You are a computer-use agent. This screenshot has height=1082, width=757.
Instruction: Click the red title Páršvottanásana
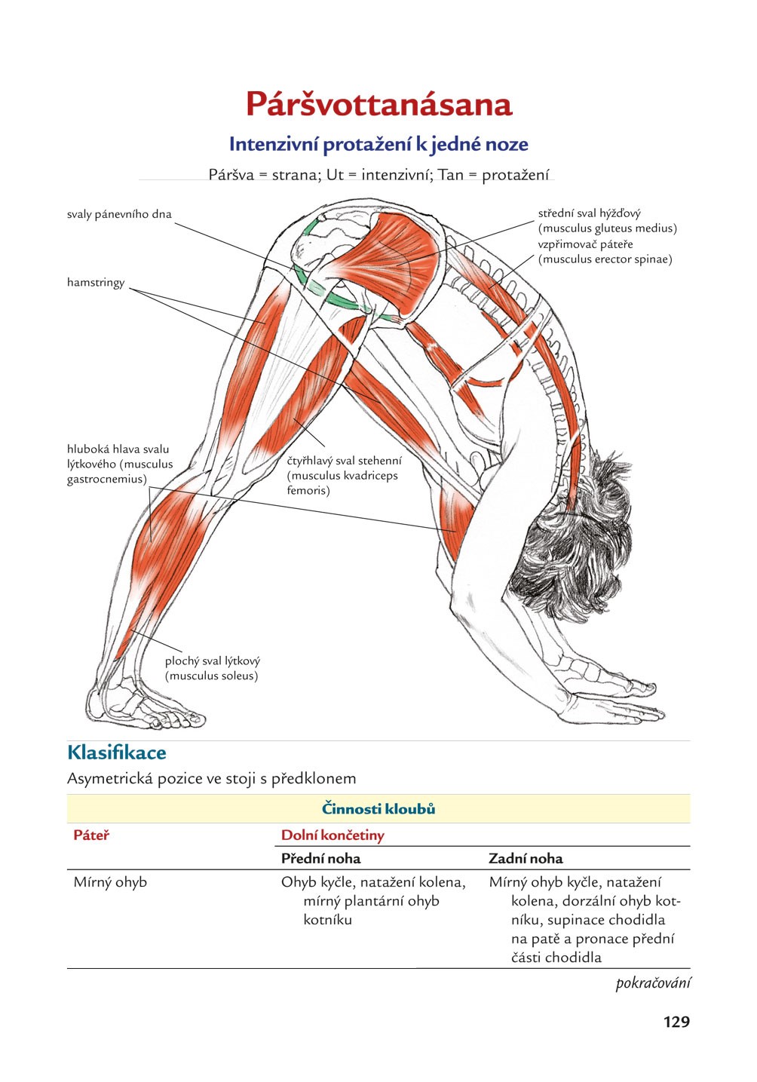(x=378, y=104)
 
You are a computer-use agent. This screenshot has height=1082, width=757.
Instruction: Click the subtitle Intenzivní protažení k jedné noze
(x=378, y=144)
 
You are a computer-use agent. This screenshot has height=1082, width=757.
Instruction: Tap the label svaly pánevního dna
(x=119, y=214)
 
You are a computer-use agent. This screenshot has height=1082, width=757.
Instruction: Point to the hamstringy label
(x=96, y=283)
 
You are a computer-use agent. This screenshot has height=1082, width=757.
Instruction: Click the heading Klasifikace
(x=117, y=752)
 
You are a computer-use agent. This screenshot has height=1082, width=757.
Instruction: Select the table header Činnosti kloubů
(x=378, y=809)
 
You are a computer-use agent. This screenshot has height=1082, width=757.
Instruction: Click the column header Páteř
(x=91, y=835)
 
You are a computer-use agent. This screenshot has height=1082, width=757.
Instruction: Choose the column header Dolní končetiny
(x=333, y=835)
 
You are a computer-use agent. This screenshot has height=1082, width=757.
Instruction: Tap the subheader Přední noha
(x=320, y=858)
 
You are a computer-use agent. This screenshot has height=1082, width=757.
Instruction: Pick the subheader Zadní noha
(x=526, y=858)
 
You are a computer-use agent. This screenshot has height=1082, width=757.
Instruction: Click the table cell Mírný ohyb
(x=110, y=882)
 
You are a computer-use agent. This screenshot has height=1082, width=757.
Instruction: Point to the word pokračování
(x=653, y=983)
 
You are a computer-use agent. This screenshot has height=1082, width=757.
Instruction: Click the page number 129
(x=676, y=1022)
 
